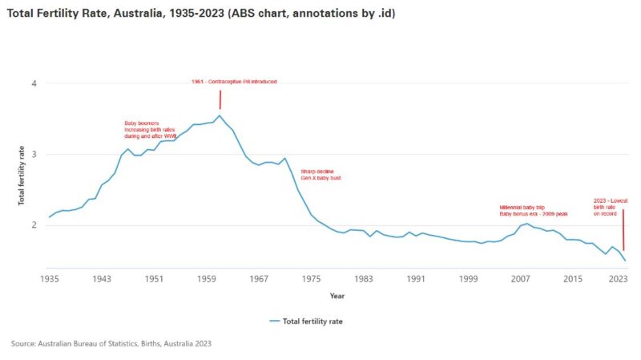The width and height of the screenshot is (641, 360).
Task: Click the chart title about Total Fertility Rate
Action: [x=196, y=14]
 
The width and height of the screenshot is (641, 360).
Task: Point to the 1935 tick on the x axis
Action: [x=50, y=279]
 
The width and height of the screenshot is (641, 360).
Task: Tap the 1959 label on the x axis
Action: [x=207, y=279]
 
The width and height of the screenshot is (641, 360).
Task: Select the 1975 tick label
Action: [x=312, y=279]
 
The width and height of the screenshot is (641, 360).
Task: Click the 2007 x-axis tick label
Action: [x=521, y=279]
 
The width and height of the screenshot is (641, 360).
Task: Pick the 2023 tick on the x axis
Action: [x=618, y=279]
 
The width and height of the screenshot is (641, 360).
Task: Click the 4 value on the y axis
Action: [x=34, y=84]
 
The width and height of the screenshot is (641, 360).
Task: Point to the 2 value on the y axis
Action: [x=34, y=225]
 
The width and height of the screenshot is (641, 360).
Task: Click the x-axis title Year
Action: [x=337, y=296]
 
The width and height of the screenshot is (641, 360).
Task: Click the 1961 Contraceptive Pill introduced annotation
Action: [x=234, y=82]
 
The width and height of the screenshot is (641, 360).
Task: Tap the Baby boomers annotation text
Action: [x=150, y=130]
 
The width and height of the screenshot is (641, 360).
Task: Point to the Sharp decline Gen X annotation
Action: [x=320, y=175]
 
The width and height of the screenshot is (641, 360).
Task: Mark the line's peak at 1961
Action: [x=220, y=115]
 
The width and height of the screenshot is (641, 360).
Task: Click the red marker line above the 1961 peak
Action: [x=220, y=99]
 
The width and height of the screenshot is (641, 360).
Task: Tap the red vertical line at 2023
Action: [x=623, y=235]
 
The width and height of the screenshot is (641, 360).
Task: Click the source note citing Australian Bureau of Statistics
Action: [x=111, y=343]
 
